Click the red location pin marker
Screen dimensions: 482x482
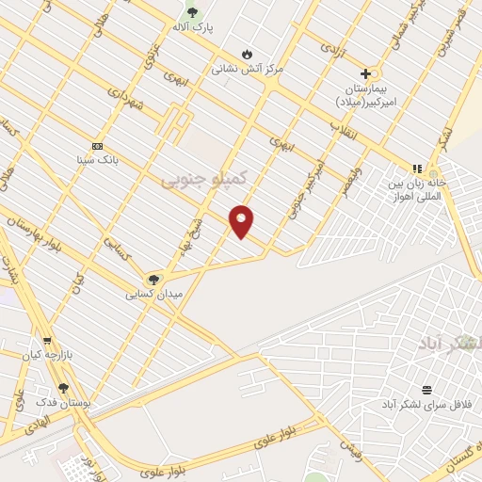tap(242, 221)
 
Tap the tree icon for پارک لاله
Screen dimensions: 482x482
tap(193, 12)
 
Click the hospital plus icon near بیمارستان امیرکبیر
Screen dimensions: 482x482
tap(365, 72)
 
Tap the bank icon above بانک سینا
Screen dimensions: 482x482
tap(98, 145)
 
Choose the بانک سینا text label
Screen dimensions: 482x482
tap(98, 160)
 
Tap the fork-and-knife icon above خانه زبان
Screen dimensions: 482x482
tap(417, 169)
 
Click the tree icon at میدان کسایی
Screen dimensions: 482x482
tap(153, 279)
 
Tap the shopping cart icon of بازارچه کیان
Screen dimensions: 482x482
tap(47, 342)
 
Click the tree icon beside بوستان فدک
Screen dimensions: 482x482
tap(63, 387)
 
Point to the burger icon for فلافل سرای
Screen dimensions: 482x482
tap(426, 389)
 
